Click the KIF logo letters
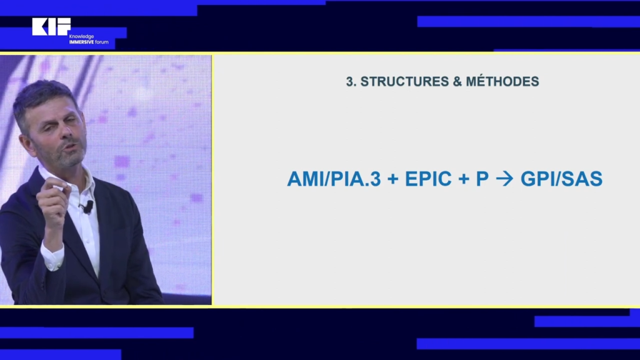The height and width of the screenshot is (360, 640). coord(51,26)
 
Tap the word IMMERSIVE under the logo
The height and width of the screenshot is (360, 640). coord(82,42)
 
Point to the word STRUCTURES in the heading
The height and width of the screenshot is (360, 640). coord(404,82)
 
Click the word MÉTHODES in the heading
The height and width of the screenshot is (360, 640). coord(502,81)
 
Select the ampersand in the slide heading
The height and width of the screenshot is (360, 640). coord(457,82)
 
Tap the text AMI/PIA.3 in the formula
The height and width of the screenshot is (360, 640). coord(334,179)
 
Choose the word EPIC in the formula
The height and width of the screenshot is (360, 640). coord(428,179)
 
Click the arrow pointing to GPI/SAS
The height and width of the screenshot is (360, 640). coord(504,179)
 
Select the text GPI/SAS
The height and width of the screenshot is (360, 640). coord(562,179)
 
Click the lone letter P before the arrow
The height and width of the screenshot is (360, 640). coord(482,179)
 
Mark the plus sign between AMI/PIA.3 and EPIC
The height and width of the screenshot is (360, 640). coord(393,179)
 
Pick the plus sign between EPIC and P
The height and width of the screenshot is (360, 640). coord(464,179)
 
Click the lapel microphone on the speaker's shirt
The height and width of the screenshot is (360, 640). coord(87,207)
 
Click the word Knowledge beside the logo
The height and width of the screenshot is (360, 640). coord(82,37)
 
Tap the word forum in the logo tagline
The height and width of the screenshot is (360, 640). coord(102,42)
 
